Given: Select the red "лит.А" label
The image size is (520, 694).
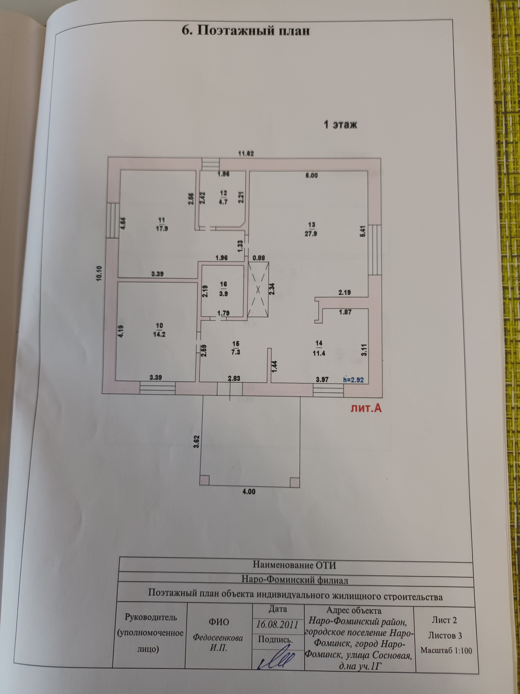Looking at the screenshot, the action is coord(366,408).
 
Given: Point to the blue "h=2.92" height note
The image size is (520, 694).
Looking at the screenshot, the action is coord(353,379).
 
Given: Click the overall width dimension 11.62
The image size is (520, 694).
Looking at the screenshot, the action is coord(246,154).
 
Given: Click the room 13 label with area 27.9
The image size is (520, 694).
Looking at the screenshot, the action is coord(312,229).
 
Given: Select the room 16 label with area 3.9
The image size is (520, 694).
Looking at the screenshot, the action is coord(223,289).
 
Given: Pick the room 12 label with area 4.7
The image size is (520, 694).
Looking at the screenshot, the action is coord(223,197).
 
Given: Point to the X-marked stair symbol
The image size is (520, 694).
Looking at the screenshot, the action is coord(258,290).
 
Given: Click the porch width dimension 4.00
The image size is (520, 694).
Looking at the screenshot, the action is coord(249,492).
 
